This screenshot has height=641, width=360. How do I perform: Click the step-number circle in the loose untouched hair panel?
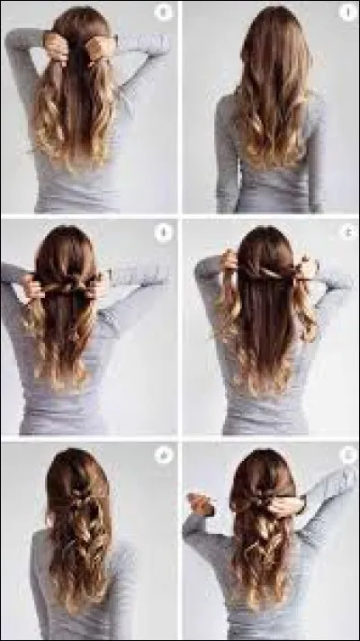[346, 14]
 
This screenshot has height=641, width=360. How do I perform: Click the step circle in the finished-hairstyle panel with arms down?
[163, 455]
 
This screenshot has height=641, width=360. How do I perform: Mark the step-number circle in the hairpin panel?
[346, 455]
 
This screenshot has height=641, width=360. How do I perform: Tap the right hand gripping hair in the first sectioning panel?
[102, 45]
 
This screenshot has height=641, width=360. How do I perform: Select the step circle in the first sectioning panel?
[163, 14]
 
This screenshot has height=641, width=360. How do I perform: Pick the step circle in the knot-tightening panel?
[163, 233]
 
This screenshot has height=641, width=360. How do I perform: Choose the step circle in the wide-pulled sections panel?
[346, 233]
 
